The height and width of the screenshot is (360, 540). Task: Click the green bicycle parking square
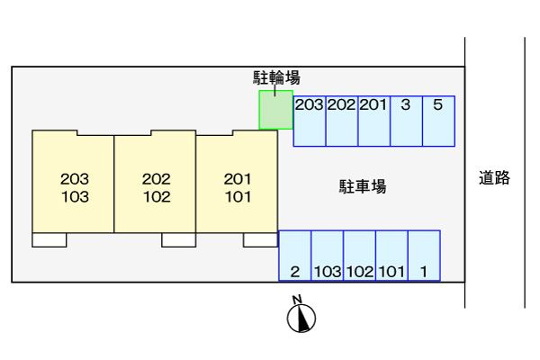coord(276,110)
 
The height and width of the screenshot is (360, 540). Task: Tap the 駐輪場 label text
coord(276,77)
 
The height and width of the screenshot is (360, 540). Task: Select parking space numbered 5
coord(438,121)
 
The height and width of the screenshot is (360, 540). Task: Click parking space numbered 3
coord(407,121)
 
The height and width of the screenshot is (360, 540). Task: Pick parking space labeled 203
coord(310,121)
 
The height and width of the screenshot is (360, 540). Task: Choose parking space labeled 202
coord(342,121)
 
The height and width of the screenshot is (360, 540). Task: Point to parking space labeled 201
coord(374,121)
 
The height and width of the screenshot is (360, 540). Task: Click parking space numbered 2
coord(295,256)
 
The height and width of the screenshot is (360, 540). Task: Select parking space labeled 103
coord(328,256)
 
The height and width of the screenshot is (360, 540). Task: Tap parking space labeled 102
coord(360,256)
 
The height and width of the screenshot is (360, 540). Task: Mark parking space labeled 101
coord(392,256)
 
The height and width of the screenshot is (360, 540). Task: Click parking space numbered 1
coord(424,256)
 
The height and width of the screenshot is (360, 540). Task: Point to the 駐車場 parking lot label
coord(363,186)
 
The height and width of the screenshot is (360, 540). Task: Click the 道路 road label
coord(494,178)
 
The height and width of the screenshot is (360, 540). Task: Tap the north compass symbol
coord(301,314)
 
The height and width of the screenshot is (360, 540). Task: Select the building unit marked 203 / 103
coord(73,182)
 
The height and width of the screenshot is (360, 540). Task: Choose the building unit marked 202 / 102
coord(155,182)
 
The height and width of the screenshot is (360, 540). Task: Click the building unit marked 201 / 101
coord(237,182)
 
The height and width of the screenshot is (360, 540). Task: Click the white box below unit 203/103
coord(49,240)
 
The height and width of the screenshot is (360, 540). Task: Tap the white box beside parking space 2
coord(261,240)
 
